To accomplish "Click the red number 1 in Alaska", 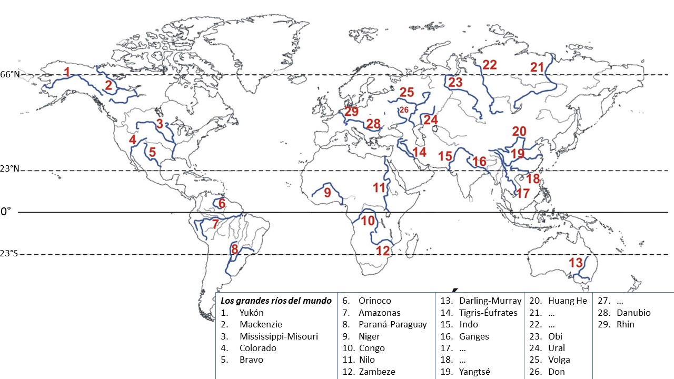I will click(x=67, y=72).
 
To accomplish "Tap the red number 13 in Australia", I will click(x=576, y=262).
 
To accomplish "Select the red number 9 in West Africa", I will click(x=328, y=193).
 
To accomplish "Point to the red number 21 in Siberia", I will click(x=537, y=67).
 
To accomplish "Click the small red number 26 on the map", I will click(x=404, y=109).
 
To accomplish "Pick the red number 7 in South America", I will click(x=215, y=224).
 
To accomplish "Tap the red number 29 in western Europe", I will click(x=351, y=112).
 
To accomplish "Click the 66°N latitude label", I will click(x=9, y=75).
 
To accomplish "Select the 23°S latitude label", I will click(x=9, y=254).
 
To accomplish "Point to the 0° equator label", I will click(x=5, y=212).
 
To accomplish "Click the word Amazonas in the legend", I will click(x=379, y=313).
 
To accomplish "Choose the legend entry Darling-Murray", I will click(x=490, y=301).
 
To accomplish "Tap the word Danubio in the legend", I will click(x=633, y=313).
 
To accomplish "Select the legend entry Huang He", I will click(x=567, y=301).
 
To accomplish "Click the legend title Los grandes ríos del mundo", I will click(x=276, y=301).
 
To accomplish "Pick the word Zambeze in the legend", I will click(x=376, y=372).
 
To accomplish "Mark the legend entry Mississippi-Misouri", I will click(x=279, y=336).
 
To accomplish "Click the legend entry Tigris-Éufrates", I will click(x=488, y=313).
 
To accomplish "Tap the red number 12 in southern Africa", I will click(x=383, y=251).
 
